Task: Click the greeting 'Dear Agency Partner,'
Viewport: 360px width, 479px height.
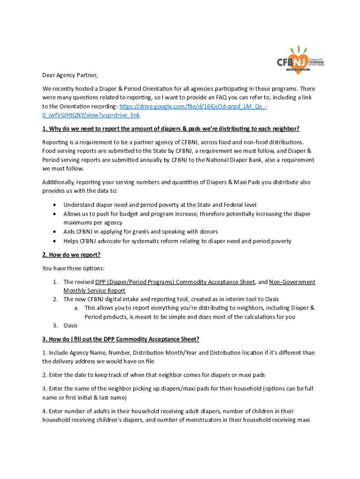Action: [x=70, y=75]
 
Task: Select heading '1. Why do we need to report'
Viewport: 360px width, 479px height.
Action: [x=171, y=129]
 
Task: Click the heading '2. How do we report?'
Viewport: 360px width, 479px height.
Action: [x=71, y=254]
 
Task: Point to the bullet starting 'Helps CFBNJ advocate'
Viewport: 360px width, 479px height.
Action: [x=177, y=241]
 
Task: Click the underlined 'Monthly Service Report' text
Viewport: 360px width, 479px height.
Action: [x=94, y=290]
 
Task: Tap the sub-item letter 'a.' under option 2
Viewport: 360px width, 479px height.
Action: [x=76, y=308]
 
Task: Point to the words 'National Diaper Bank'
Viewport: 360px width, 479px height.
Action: [x=260, y=160]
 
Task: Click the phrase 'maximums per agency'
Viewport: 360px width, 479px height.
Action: [x=93, y=223]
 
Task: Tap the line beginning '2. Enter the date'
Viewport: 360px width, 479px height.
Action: [x=154, y=375]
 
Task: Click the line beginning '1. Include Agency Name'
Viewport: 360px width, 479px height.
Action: [x=178, y=353]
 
